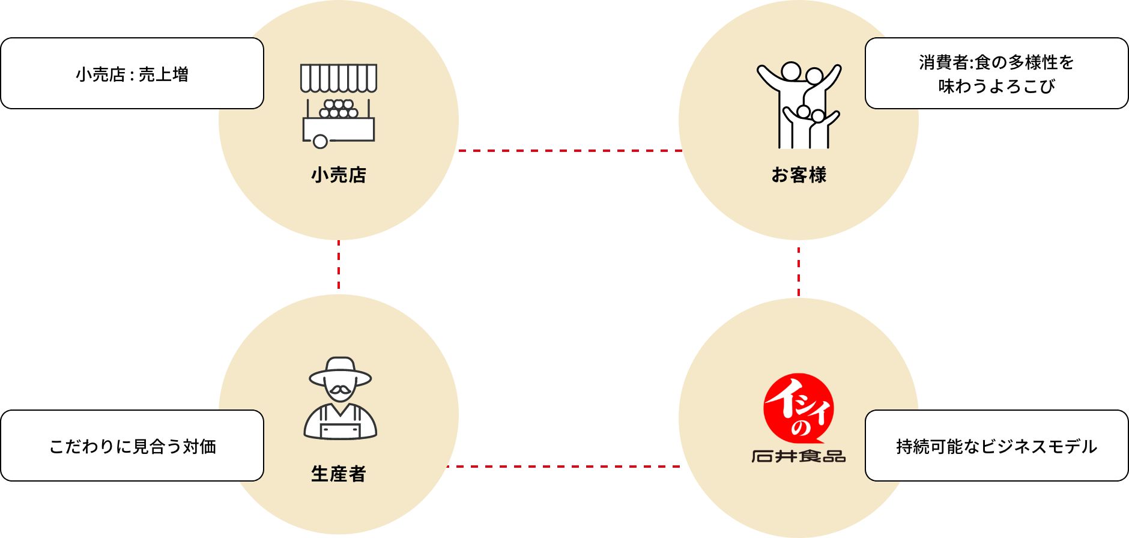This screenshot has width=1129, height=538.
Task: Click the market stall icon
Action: click(x=339, y=106)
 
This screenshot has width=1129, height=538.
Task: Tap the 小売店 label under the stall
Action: click(x=339, y=175)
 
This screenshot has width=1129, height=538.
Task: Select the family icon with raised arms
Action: click(x=799, y=106)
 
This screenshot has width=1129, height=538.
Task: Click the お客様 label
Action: click(x=799, y=175)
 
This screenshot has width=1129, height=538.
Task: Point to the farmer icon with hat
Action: click(x=340, y=399)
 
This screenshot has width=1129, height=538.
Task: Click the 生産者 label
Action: click(x=339, y=474)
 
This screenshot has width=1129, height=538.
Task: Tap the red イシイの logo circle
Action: click(x=799, y=408)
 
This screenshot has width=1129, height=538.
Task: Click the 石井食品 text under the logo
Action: click(x=799, y=456)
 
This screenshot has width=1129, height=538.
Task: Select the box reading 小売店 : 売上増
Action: click(x=132, y=73)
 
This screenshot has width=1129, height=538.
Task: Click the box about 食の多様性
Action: click(x=997, y=73)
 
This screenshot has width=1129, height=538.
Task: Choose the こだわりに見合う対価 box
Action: click(x=132, y=446)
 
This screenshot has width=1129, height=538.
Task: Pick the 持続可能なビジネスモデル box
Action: click(x=997, y=446)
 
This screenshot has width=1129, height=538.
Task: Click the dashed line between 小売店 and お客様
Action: click(x=569, y=151)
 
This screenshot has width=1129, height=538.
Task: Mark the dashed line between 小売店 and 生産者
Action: click(x=339, y=265)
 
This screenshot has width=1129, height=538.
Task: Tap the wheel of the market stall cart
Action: click(x=321, y=142)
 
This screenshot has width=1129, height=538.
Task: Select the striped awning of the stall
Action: click(x=339, y=78)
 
